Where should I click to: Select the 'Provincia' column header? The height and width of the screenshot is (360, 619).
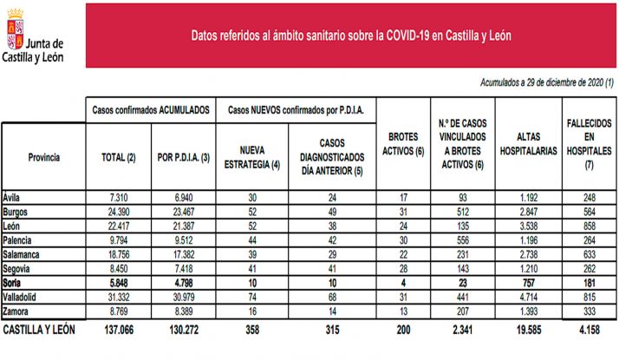pos(43,158)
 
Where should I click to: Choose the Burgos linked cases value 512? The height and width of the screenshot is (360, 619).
pos(461,210)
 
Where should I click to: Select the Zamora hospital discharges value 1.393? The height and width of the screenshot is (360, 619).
pos(526,310)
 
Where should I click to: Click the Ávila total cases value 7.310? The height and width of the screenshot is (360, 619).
pos(118,198)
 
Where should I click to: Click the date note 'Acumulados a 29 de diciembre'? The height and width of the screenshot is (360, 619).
pos(546,82)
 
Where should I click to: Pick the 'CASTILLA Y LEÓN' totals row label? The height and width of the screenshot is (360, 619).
pos(41,331)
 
